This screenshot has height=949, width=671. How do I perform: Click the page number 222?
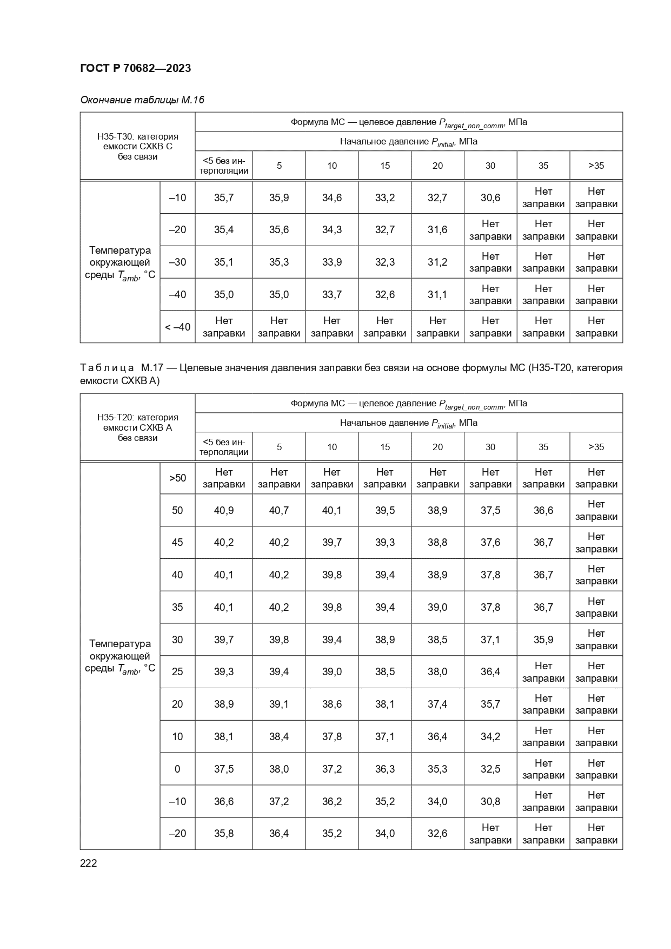[x=89, y=863]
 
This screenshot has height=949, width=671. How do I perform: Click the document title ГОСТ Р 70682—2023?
[x=135, y=68]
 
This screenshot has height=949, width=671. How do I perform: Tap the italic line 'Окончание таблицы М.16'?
[x=142, y=100]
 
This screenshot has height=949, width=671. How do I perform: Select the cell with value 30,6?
[x=490, y=197]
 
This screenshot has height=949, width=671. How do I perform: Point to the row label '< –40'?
[x=177, y=327]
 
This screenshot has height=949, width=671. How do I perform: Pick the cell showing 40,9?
[x=223, y=510]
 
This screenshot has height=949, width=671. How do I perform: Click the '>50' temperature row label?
[x=177, y=478]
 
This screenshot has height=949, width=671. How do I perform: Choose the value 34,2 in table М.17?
[x=490, y=736]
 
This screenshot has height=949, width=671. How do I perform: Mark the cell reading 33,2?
[x=384, y=197]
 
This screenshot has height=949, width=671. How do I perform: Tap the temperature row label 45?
[x=177, y=542]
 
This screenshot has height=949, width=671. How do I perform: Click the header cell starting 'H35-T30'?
[x=137, y=146]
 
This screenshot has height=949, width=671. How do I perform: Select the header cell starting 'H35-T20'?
[x=137, y=427]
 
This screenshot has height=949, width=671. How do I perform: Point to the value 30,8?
[x=490, y=801]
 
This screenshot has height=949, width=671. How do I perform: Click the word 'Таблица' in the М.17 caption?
[x=107, y=368]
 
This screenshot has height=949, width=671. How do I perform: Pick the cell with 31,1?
[x=437, y=294]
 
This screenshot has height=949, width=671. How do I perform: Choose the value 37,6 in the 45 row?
[x=490, y=542]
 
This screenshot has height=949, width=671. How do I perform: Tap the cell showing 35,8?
[x=223, y=833]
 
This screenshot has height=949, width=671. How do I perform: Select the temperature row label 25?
[x=177, y=671]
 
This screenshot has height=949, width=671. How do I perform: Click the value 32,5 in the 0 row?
[x=490, y=769]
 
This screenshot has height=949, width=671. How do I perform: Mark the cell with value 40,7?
[x=278, y=510]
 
